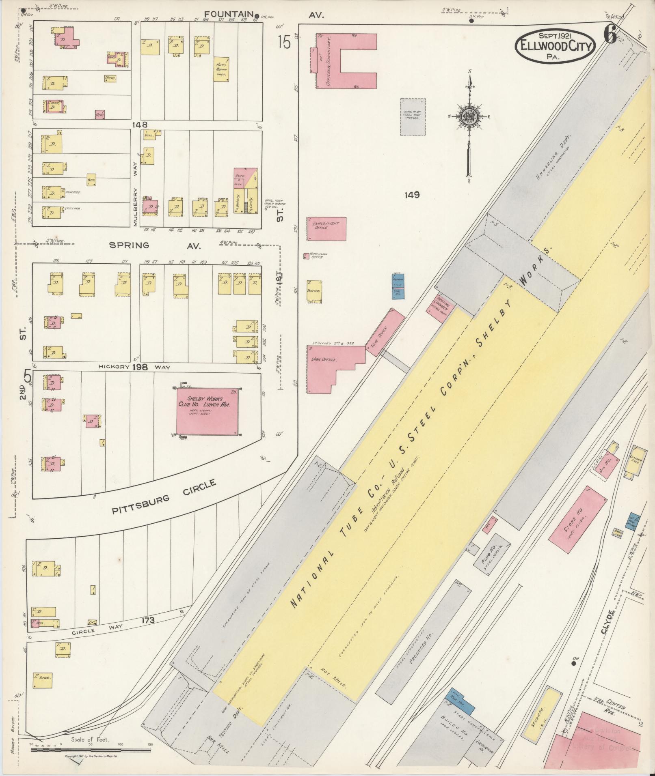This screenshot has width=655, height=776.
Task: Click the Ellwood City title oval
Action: tap(555, 47)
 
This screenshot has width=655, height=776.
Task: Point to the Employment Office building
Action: tap(326, 229)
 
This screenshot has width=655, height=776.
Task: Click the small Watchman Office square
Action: tap(306, 256)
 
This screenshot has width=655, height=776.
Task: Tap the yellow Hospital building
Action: tap(315, 291)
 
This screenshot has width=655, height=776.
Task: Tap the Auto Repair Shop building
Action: tap(221, 69)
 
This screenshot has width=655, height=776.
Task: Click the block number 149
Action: tap(412, 195)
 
